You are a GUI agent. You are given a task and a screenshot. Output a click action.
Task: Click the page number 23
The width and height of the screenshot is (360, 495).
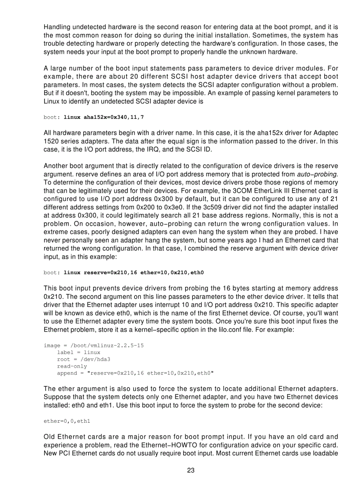pos(191,470)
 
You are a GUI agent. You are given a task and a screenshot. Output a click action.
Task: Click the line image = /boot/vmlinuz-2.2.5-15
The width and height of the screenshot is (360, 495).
pos(94,345)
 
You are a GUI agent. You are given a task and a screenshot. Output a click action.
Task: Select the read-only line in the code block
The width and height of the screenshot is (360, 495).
pos(72,366)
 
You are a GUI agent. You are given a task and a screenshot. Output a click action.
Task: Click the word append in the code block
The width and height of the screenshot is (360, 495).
pos(67,373)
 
